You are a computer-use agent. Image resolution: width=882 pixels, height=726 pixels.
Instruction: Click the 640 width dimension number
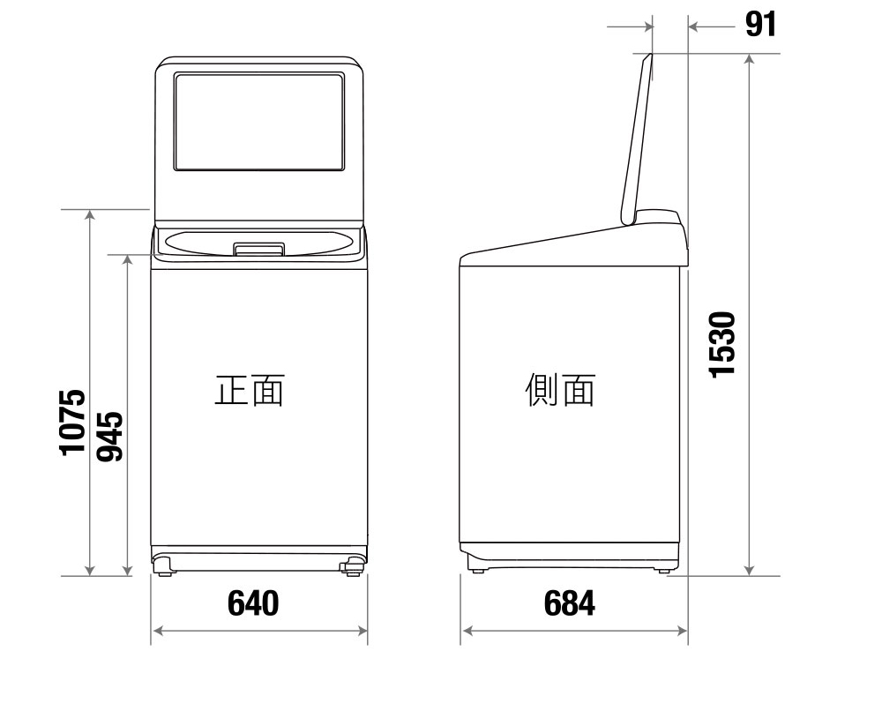(x=253, y=603)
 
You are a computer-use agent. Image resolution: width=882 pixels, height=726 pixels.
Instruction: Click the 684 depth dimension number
(x=569, y=603)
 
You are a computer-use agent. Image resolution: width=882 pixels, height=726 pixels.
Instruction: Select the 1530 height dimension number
(x=722, y=344)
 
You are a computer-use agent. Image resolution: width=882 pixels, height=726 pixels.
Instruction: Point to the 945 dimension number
(x=109, y=436)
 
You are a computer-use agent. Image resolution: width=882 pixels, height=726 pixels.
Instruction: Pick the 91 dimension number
(x=760, y=25)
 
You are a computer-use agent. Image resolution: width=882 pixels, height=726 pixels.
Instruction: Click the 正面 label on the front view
(x=250, y=390)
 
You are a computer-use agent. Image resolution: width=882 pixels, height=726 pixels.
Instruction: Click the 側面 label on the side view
(x=560, y=390)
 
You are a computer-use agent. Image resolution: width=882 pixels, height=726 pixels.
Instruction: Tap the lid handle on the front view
(x=258, y=250)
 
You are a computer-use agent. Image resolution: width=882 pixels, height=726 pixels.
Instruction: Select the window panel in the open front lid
(x=258, y=122)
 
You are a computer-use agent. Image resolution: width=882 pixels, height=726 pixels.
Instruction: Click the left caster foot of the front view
(x=165, y=565)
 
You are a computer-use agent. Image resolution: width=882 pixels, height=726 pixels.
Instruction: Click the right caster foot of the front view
(x=353, y=565)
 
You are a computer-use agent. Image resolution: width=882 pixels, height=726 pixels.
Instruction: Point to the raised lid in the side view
(x=637, y=137)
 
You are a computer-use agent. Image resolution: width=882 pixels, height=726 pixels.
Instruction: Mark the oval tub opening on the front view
(x=258, y=239)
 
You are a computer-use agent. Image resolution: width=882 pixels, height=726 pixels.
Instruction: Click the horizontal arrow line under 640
(x=260, y=630)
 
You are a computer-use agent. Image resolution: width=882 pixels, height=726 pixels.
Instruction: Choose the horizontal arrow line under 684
(x=574, y=630)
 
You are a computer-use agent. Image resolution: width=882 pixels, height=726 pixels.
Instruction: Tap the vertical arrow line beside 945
(x=128, y=415)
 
